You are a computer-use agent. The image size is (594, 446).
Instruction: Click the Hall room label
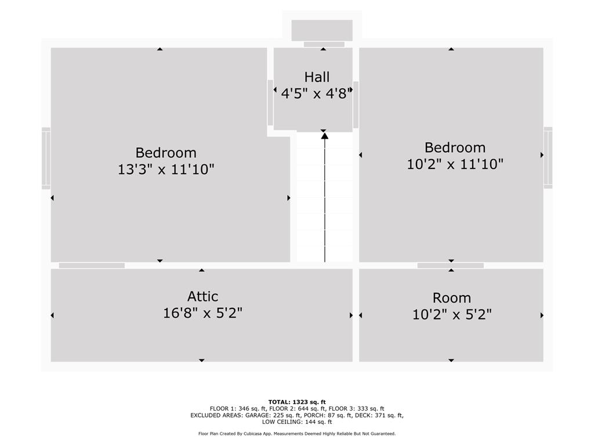point(317,77)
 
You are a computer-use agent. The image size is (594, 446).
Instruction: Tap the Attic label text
point(202,296)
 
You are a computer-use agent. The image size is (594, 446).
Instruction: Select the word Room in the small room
point(451,298)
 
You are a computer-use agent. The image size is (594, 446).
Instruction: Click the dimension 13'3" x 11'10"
point(166,169)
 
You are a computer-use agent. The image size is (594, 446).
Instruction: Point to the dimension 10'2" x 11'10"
point(455,164)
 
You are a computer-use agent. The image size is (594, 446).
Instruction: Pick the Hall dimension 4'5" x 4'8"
point(317,93)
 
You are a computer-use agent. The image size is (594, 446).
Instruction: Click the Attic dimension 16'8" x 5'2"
point(202,313)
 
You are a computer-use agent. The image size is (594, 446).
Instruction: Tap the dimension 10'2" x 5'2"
point(451,314)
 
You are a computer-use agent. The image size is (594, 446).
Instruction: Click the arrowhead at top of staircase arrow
point(325,135)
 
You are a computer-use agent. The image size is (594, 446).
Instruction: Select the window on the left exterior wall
point(46,158)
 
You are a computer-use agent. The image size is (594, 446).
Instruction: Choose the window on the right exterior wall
point(548,157)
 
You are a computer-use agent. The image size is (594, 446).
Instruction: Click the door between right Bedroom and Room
point(450,265)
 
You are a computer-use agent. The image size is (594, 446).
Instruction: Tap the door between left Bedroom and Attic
point(92,265)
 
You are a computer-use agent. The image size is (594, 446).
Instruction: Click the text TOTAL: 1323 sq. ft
point(297,402)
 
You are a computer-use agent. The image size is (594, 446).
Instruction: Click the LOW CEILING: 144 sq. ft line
point(297,422)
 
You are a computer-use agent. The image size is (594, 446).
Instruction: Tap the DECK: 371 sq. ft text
point(389,415)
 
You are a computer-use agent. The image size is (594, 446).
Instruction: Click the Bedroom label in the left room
point(166,153)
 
